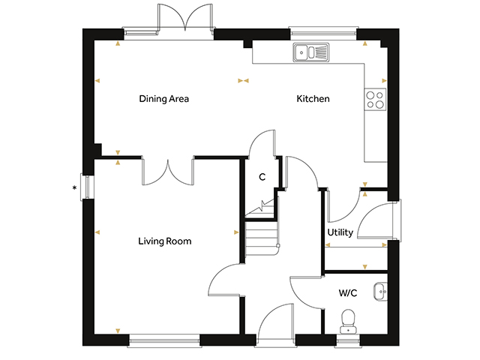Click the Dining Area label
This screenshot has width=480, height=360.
(163, 99)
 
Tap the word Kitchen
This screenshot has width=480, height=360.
(313, 98)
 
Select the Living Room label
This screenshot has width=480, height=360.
(165, 241)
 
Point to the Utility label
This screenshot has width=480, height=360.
(340, 232)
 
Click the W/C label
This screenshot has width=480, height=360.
(348, 293)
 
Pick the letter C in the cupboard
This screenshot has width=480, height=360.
(262, 177)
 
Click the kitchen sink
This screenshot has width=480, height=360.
(311, 52)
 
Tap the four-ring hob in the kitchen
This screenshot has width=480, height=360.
(375, 100)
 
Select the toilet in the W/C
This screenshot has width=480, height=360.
(348, 322)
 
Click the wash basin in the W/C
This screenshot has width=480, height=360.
(380, 292)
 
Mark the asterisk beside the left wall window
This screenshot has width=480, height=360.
(74, 188)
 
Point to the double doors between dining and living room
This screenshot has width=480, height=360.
(168, 172)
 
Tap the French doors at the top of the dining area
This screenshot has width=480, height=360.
(185, 18)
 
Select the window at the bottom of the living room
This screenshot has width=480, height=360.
(164, 340)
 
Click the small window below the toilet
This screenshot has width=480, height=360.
(348, 340)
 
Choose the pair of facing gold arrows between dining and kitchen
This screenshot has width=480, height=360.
(243, 81)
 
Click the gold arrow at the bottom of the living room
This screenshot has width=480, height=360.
(118, 331)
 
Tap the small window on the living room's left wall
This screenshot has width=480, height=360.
(87, 187)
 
